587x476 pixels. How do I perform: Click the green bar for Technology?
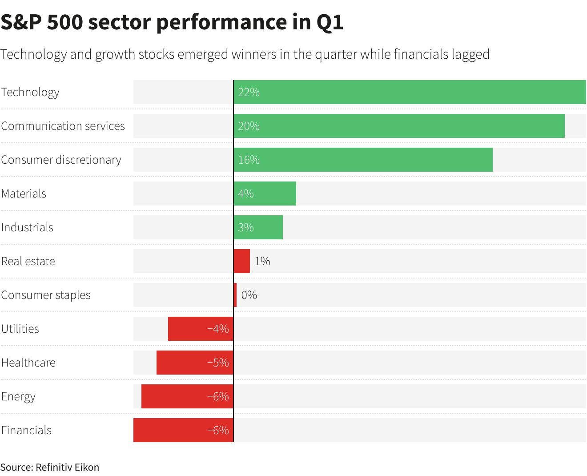tap(409, 92)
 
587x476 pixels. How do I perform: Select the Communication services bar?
tap(399, 126)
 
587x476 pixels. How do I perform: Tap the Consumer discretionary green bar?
tap(363, 160)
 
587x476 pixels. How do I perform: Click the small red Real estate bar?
tap(242, 261)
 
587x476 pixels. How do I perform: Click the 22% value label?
tap(249, 92)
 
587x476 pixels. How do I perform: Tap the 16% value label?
tap(249, 160)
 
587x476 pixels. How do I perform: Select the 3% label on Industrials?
tap(245, 227)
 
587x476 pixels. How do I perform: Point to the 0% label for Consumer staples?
tap(249, 295)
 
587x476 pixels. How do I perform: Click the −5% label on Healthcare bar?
tap(218, 363)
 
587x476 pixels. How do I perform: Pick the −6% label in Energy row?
tap(218, 396)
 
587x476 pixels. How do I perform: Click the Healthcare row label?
tap(28, 363)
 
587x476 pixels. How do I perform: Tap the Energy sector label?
tap(18, 396)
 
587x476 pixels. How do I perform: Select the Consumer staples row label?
tap(46, 295)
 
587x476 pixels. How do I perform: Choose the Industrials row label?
tap(27, 227)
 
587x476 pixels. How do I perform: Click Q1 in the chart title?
tap(330, 22)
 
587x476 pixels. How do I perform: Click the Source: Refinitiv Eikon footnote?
tap(50, 467)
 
